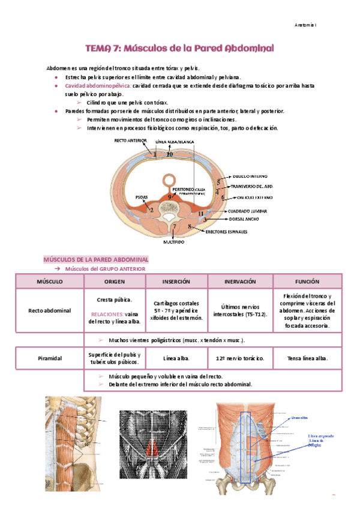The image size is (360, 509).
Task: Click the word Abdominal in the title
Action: pos(240,47)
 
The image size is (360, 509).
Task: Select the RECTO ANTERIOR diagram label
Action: pos(130,141)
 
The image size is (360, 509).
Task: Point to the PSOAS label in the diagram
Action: pos(142,197)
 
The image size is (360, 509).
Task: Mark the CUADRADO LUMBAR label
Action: pos(247,211)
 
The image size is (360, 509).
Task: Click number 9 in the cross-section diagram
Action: pos(170,196)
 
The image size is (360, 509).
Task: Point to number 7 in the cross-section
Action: pos(175,226)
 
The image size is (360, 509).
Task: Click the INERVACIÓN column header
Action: pos(239,281)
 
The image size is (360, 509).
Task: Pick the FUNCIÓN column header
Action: pos(307,281)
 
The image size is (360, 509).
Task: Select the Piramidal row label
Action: pos(49,358)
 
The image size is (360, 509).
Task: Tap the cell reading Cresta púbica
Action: pos(114,300)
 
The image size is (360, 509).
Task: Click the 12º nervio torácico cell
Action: pos(239,358)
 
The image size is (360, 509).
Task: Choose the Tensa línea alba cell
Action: pos(307,358)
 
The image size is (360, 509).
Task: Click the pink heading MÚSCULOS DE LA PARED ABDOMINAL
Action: pos(96,259)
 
